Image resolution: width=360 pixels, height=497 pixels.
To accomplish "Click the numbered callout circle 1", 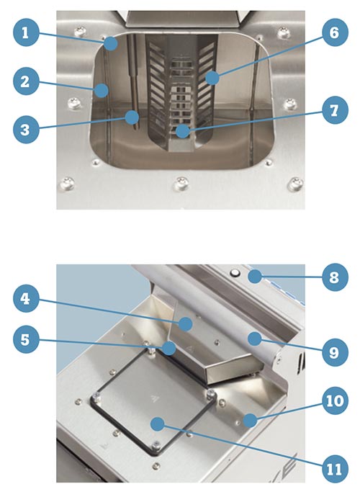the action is point(26,33).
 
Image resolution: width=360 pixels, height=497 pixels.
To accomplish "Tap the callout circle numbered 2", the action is point(26,82).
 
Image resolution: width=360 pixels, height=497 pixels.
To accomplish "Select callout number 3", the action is point(26,130).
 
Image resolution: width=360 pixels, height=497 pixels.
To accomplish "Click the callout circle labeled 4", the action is point(26,299).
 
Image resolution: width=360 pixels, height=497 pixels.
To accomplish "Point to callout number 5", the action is point(26,340).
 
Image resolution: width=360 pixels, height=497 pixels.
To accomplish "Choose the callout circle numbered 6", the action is point(335,33).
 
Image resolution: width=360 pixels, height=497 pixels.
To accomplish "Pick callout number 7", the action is point(335,111).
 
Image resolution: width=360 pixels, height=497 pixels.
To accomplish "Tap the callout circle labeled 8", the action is point(335,277).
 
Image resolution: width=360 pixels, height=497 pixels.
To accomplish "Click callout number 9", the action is point(335,352).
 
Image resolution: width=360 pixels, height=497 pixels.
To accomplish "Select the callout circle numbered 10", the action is point(335,401).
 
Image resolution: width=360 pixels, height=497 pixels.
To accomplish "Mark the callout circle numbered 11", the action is point(335,470).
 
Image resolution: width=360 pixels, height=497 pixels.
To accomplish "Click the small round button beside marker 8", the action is point(235,272).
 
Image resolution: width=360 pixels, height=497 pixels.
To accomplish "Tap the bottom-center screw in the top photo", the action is point(181,183).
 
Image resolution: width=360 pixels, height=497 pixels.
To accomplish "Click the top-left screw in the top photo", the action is point(80,32).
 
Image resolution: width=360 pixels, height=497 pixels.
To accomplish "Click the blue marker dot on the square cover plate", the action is point(158,424).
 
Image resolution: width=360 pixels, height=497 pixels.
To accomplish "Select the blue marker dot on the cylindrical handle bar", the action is point(254,339).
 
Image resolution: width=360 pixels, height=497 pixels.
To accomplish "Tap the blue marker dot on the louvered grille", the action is point(212,78).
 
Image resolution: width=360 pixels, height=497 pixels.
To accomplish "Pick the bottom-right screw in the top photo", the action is point(295,183).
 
